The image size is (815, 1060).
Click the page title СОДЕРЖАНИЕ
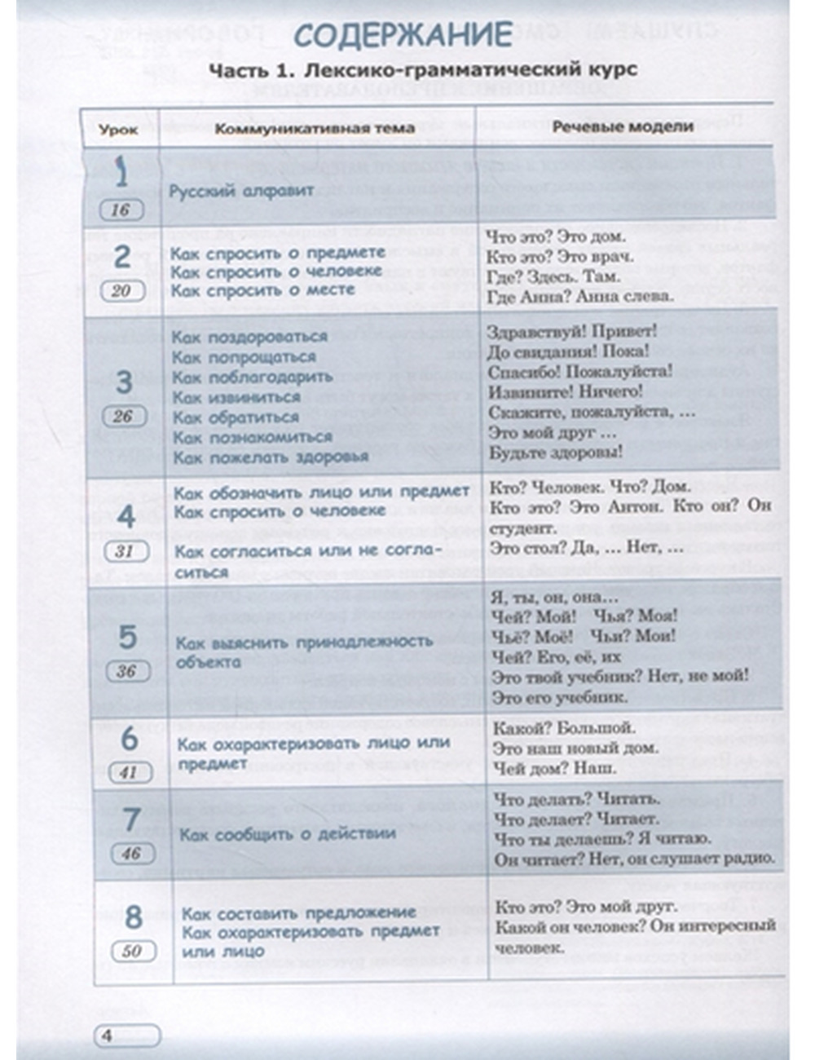[403, 35]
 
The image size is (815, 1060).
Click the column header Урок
[119, 129]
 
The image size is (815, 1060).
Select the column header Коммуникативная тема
[315, 128]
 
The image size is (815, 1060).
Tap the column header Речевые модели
[623, 126]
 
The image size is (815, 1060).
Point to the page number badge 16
[121, 210]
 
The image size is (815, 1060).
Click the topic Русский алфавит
[241, 192]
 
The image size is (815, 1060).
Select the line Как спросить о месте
[262, 290]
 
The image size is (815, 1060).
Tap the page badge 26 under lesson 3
[122, 417]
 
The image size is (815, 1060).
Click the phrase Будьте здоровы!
[556, 452]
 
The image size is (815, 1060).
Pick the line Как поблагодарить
[253, 377]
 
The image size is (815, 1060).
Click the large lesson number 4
[125, 516]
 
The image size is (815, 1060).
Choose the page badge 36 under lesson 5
[126, 672]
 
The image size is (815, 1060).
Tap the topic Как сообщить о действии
[288, 834]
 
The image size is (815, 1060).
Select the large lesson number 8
[133, 916]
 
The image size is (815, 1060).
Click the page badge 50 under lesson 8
[131, 951]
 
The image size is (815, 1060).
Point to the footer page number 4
[107, 1036]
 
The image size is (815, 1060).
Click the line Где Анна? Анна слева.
[580, 296]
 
